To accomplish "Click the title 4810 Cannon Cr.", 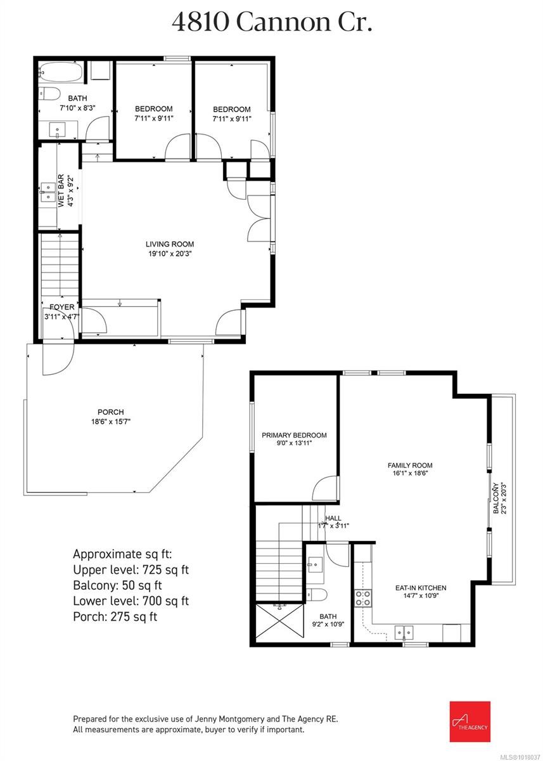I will pyautogui.click(x=271, y=22).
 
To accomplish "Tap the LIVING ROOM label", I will pyautogui.click(x=170, y=244).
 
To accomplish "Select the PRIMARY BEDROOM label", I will pyautogui.click(x=294, y=435).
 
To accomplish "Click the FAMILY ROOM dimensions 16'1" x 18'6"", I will pyautogui.click(x=410, y=474).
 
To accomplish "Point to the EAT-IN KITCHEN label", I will pyautogui.click(x=412, y=588).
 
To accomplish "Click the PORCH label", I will pyautogui.click(x=110, y=412).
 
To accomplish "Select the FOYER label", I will pyautogui.click(x=58, y=308).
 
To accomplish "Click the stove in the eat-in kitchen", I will pyautogui.click(x=363, y=598).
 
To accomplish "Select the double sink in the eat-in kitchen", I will pyautogui.click(x=404, y=631).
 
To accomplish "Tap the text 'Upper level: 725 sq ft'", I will pyautogui.click(x=131, y=569).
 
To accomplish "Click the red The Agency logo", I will pyautogui.click(x=470, y=722).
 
